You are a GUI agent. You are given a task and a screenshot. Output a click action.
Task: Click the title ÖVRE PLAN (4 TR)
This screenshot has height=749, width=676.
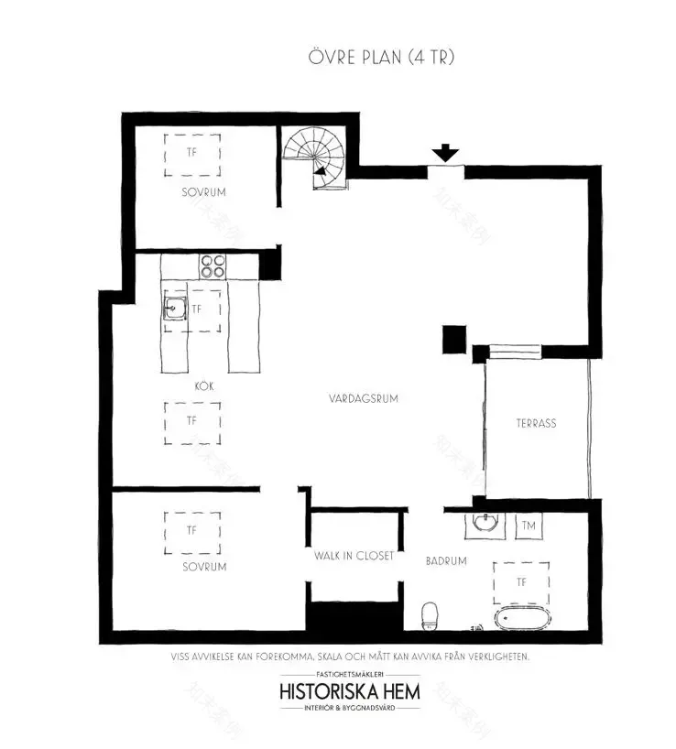(x=381, y=57)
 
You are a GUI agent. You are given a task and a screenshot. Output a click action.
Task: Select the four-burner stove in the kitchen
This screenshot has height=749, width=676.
(x=213, y=266)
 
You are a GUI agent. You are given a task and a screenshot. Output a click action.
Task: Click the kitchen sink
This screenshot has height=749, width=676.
(x=175, y=309)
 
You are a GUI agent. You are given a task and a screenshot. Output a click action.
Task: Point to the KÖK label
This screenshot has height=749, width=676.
(x=203, y=385)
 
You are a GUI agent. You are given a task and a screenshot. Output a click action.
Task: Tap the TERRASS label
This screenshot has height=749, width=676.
(x=536, y=423)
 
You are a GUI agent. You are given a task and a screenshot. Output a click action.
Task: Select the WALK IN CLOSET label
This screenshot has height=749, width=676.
(x=354, y=556)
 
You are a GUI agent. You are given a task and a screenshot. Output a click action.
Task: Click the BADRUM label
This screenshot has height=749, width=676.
(x=446, y=560)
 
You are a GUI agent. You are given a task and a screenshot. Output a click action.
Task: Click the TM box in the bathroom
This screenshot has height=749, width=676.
(x=529, y=526)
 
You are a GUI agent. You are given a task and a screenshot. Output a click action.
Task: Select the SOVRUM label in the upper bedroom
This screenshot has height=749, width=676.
(x=202, y=192)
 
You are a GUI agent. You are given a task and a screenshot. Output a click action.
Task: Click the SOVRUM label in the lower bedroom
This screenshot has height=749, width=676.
(x=203, y=567)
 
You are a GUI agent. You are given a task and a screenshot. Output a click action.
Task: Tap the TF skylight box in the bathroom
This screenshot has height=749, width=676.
(x=521, y=581)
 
